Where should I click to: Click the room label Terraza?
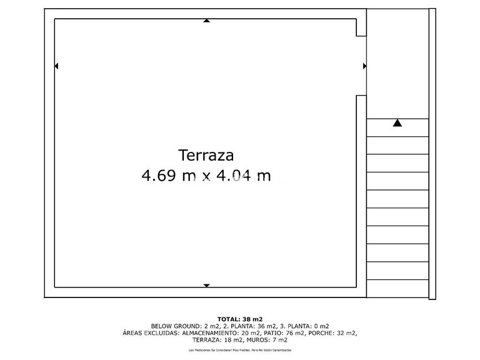(206, 154)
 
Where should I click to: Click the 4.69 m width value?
(168, 176)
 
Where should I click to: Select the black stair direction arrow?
(397, 123)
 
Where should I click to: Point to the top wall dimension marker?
(206, 21)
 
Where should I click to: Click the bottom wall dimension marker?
(206, 286)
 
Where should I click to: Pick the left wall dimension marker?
(57, 66)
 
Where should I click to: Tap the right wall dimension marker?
(364, 66)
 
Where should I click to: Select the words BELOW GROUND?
(176, 326)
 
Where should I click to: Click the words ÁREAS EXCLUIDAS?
(151, 333)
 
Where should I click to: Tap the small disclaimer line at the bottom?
(240, 351)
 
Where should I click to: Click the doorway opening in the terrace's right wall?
(361, 66)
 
